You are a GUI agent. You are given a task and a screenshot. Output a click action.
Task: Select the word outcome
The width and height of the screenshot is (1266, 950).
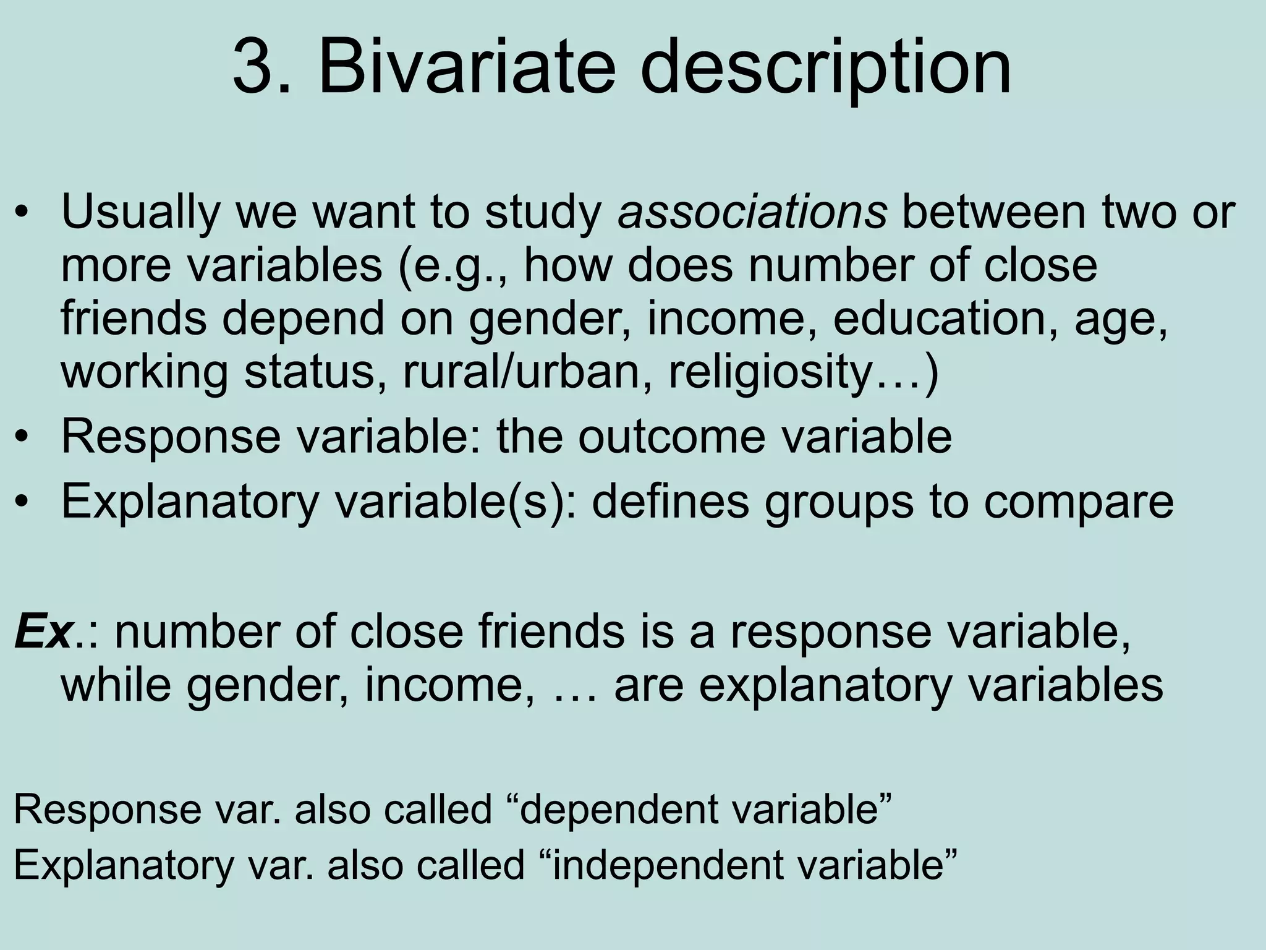[x=671, y=437]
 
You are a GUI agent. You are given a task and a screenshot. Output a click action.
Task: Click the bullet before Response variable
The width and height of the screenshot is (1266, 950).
[x=23, y=438]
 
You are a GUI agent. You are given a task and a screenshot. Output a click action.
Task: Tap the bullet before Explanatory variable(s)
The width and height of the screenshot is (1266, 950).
[x=23, y=502]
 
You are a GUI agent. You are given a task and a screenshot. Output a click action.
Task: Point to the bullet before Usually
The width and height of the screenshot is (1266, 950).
[x=23, y=212]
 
